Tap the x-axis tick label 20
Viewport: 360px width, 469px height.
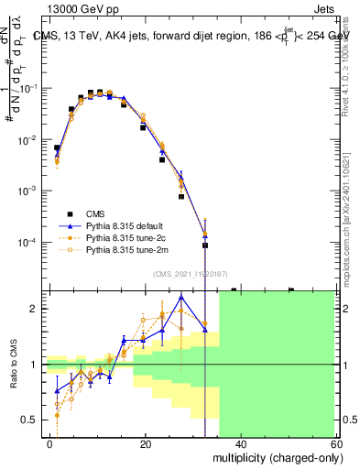[145, 442]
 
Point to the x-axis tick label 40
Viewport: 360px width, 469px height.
[240, 442]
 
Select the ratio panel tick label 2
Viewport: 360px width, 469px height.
[38, 309]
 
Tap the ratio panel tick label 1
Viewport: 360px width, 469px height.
[38, 365]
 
